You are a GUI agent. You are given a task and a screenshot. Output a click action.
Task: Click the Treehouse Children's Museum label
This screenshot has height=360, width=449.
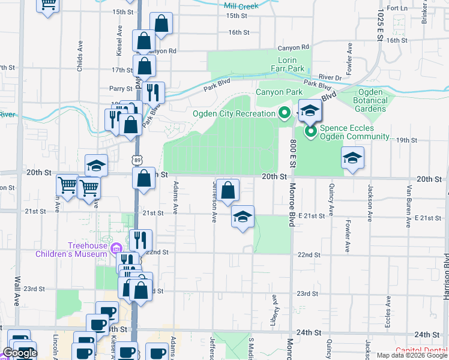(71, 249)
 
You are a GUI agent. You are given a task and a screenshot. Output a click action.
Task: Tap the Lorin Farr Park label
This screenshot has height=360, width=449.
(292, 65)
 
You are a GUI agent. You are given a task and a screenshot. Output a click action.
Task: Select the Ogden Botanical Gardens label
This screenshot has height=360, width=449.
(370, 100)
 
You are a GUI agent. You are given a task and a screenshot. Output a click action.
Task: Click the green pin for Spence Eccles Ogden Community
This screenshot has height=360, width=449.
(310, 131)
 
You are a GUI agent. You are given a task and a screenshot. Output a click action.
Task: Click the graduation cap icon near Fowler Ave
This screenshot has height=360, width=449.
(352, 158)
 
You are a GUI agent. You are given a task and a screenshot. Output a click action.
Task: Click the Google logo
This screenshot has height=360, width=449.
(20, 353)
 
